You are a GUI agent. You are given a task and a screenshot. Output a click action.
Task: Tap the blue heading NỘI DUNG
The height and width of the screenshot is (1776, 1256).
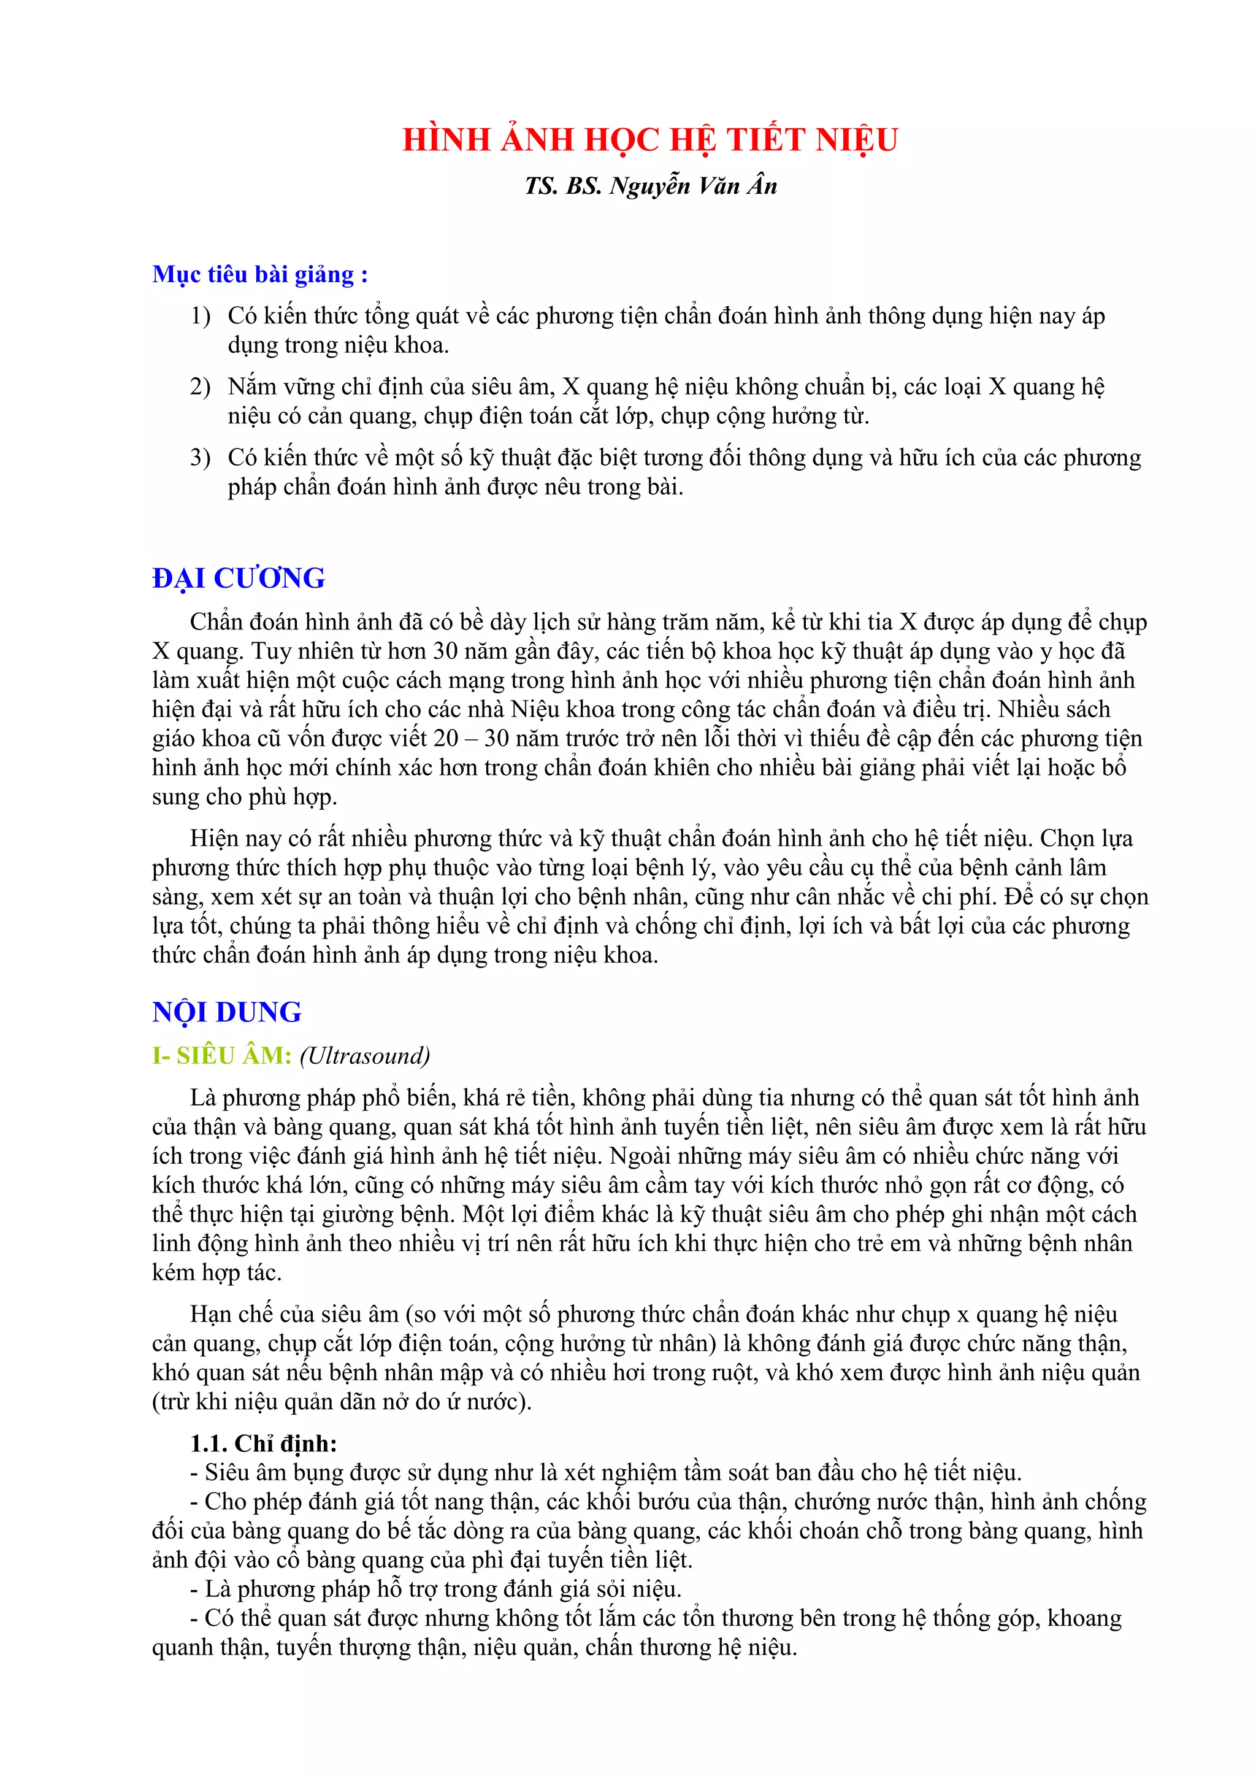click(226, 1012)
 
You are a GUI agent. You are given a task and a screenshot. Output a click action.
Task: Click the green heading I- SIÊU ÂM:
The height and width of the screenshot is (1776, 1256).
click(222, 1056)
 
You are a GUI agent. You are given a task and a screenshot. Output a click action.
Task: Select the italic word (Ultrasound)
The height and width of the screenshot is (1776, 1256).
click(365, 1056)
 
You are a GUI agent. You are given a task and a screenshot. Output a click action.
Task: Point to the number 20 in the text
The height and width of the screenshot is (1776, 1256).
click(446, 739)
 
